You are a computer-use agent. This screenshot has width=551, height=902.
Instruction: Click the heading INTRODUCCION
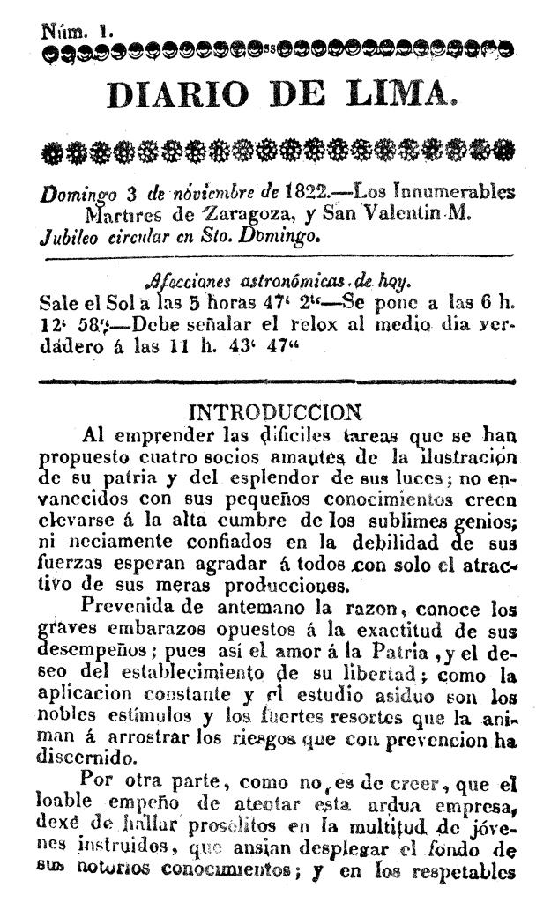tap(274, 412)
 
